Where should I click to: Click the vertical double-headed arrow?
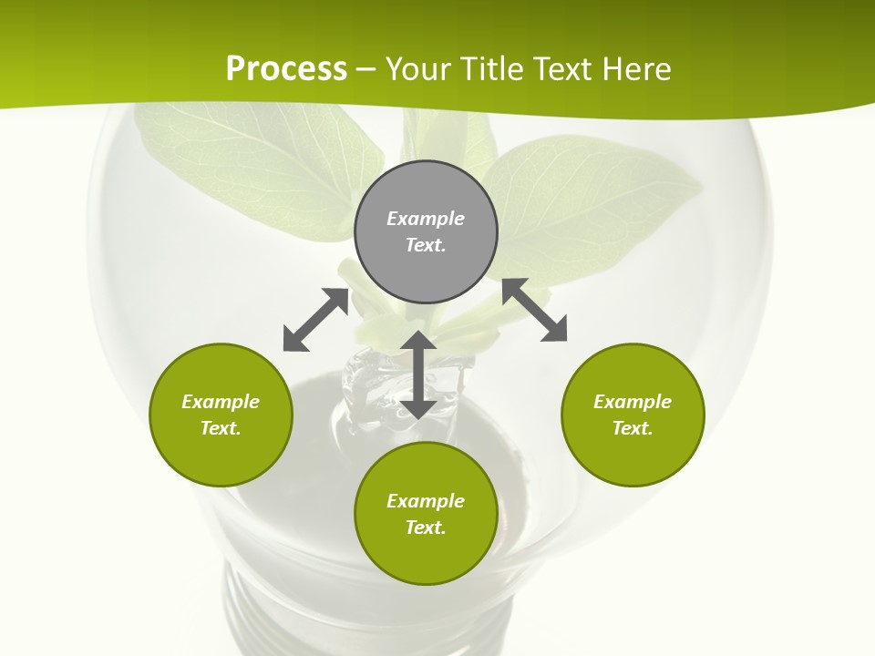(418, 374)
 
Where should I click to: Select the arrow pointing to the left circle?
(315, 320)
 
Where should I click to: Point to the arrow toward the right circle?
(534, 310)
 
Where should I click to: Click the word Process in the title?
(286, 68)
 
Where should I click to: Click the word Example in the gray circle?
(426, 219)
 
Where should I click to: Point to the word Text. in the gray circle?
(426, 245)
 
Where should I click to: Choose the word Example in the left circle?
(221, 402)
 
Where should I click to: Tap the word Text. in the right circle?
(633, 428)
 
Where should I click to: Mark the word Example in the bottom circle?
(426, 501)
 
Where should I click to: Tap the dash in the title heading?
(366, 68)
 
